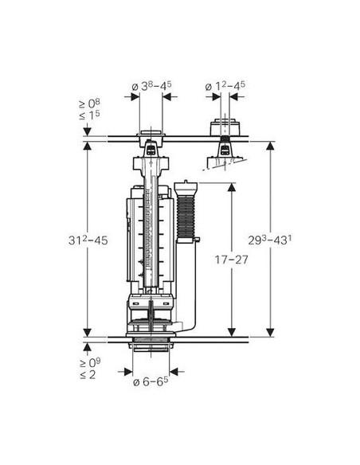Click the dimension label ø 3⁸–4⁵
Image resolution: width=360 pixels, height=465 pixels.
click(151, 86)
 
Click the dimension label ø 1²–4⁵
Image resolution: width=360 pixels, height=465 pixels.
click(225, 86)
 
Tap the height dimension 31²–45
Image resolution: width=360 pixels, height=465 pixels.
click(88, 240)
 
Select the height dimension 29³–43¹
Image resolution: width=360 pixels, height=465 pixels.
click(269, 240)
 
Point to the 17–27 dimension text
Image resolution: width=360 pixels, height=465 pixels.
click(231, 260)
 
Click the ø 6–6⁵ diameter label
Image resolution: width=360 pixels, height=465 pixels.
click(151, 381)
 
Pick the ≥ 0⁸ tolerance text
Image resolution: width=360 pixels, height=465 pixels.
click(89, 104)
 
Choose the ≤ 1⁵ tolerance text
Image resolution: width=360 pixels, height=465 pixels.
click(89, 115)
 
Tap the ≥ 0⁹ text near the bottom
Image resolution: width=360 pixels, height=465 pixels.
click(90, 363)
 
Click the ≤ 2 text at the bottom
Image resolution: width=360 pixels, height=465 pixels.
click(88, 374)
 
